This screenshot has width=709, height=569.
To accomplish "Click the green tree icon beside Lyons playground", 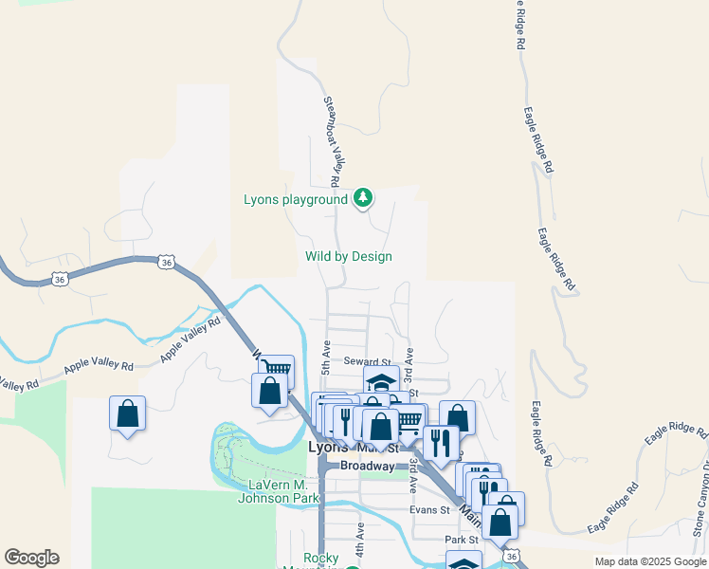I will click(362, 198).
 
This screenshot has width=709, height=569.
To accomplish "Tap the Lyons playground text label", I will click(296, 199).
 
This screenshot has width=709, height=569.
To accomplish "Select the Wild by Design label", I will click(348, 256).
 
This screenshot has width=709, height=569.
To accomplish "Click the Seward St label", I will click(367, 361).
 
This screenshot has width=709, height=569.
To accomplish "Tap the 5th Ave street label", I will click(326, 354).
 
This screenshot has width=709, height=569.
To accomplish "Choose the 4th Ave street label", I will click(360, 545).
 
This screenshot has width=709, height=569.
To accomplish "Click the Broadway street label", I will click(367, 466).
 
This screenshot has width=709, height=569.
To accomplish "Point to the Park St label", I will click(464, 540).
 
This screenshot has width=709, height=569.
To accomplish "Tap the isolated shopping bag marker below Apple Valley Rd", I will click(127, 413).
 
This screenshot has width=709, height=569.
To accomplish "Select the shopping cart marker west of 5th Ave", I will click(276, 369).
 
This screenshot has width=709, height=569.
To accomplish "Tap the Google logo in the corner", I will click(31, 558).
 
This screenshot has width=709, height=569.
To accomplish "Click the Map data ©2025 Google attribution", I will click(649, 561).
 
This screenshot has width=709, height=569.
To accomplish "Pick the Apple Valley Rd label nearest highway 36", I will click(190, 338).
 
